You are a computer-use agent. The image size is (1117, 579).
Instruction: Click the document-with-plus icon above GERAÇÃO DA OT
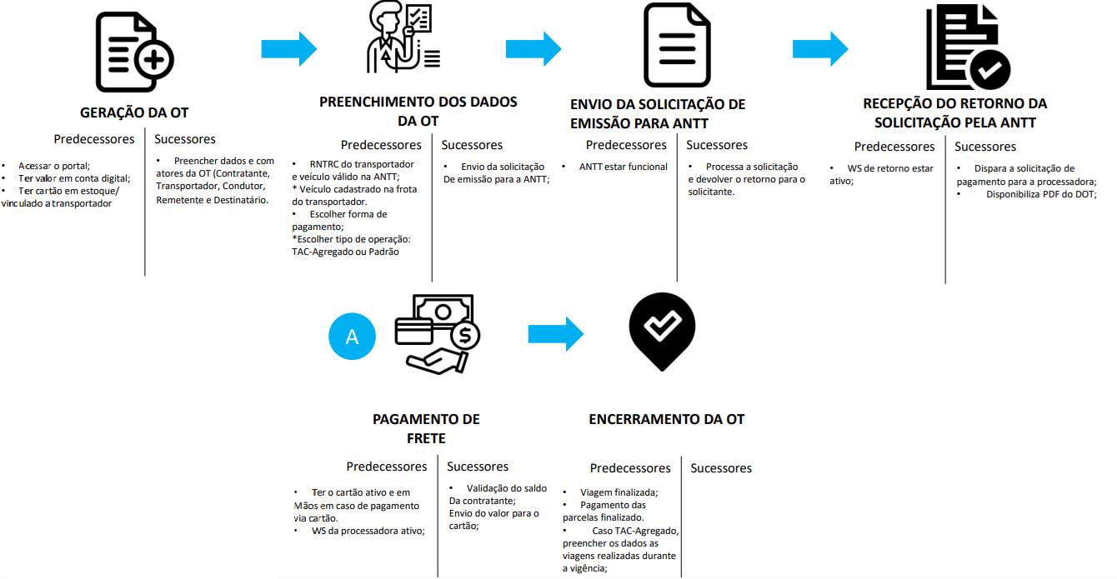pyautogui.click(x=134, y=53)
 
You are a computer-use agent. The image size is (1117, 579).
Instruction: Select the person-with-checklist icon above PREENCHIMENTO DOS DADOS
pyautogui.click(x=403, y=37)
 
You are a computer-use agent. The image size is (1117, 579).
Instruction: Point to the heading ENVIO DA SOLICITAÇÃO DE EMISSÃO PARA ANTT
pyautogui.click(x=658, y=114)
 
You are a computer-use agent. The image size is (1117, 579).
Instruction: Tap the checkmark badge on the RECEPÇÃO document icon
pyautogui.click(x=989, y=70)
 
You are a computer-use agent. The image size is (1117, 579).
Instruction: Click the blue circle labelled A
pyautogui.click(x=353, y=337)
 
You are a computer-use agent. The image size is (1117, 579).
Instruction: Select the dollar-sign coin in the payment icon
pyautogui.click(x=463, y=337)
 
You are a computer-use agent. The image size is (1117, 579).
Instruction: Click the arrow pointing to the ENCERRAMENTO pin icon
pyautogui.click(x=556, y=334)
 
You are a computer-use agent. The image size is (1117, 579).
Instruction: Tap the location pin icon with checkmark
pyautogui.click(x=662, y=329)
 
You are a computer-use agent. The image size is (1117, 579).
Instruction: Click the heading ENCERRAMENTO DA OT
pyautogui.click(x=666, y=419)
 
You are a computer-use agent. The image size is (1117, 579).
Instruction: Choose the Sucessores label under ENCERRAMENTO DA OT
pyautogui.click(x=721, y=468)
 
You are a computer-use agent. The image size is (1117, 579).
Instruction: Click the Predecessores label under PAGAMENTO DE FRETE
pyautogui.click(x=387, y=467)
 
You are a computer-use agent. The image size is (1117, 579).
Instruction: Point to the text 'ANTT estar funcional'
pyautogui.click(x=623, y=167)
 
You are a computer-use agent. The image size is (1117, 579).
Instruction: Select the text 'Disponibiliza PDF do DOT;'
pyautogui.click(x=1041, y=194)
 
